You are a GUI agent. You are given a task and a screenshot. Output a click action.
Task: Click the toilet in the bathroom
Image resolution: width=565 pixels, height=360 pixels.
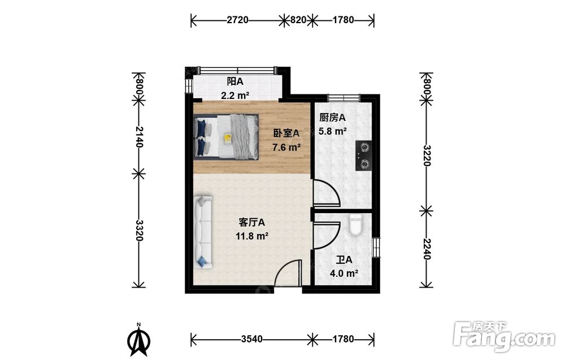(355, 225)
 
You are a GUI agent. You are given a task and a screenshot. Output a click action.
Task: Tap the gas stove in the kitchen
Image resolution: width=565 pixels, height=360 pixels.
(363, 155)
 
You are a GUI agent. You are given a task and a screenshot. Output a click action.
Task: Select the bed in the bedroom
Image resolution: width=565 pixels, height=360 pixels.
(226, 137)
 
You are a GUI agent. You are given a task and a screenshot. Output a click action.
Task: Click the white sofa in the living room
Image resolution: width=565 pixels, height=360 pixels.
(203, 232)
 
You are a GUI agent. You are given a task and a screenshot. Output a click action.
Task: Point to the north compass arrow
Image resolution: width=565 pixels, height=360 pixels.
(139, 339)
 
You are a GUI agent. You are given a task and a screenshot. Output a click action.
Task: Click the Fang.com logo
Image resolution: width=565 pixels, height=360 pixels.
(505, 337)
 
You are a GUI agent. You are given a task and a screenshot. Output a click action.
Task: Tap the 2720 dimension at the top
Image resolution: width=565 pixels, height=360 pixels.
(237, 20)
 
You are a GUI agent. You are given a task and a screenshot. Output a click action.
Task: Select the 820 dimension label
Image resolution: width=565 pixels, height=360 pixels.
(298, 20)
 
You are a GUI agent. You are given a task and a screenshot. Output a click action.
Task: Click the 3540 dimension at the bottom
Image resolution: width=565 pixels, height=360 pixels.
(252, 339)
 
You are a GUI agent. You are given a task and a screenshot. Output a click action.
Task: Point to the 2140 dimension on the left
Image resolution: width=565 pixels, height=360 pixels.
(139, 137)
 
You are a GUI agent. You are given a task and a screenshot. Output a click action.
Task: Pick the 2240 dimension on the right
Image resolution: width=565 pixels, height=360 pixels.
(427, 249)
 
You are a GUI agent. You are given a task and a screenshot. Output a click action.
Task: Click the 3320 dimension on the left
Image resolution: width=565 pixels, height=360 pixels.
(139, 230)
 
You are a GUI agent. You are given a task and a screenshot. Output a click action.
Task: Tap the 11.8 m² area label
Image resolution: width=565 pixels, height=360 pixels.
(252, 236)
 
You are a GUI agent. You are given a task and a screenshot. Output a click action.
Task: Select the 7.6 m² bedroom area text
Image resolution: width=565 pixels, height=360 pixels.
(286, 147)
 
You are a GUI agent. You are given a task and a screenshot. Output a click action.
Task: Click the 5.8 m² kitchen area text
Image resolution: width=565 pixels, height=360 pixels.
(333, 131)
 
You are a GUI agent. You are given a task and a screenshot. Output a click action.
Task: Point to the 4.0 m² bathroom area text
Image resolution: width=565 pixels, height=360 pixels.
(344, 273)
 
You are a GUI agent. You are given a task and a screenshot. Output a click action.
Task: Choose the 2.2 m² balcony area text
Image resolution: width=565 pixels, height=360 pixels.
(235, 96)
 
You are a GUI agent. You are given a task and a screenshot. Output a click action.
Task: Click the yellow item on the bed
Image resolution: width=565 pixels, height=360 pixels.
(227, 138)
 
